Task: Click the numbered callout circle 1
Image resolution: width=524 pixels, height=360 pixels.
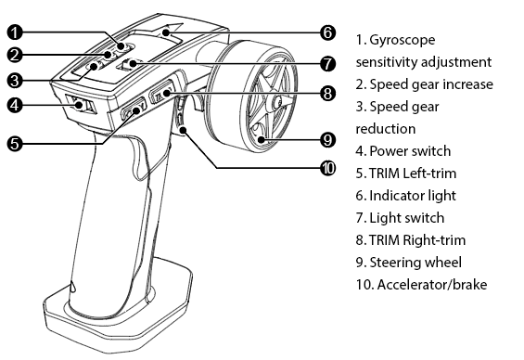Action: click(15, 32)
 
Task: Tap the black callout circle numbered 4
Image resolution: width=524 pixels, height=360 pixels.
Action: click(15, 105)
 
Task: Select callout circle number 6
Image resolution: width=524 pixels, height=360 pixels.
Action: click(327, 32)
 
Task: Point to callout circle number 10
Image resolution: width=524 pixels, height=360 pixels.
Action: click(327, 168)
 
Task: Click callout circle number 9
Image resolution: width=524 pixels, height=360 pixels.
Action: click(327, 140)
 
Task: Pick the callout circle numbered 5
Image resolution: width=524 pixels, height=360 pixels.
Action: click(15, 144)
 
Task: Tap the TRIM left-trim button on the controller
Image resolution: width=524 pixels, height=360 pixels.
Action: click(134, 109)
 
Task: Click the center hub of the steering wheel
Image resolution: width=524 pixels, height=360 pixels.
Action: click(278, 101)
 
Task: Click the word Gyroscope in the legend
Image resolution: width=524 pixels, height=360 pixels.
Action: click(403, 40)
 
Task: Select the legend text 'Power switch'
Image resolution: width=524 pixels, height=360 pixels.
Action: click(410, 151)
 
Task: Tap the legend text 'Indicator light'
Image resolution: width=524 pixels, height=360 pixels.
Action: click(413, 196)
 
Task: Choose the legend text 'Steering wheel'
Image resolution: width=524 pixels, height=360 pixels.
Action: click(415, 263)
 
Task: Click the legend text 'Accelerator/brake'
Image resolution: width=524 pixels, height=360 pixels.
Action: click(432, 285)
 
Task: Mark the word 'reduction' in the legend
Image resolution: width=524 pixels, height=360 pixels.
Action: click(386, 129)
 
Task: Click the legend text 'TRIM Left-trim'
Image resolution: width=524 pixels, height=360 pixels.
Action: click(413, 174)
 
